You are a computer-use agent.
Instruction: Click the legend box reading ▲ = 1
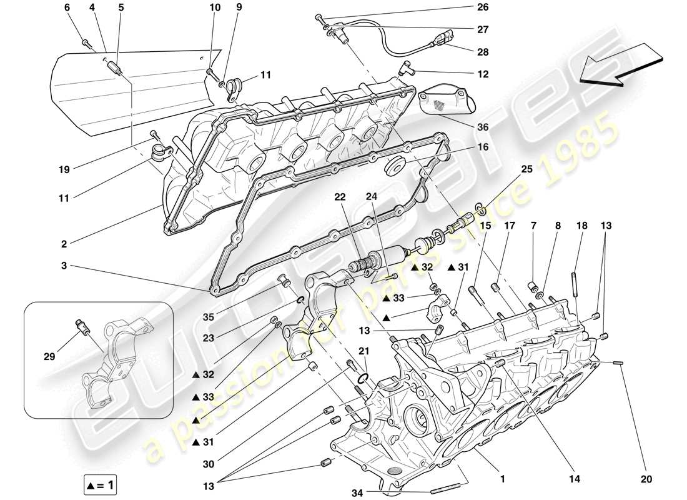[100, 484]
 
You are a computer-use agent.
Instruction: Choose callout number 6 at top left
[67, 7]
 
